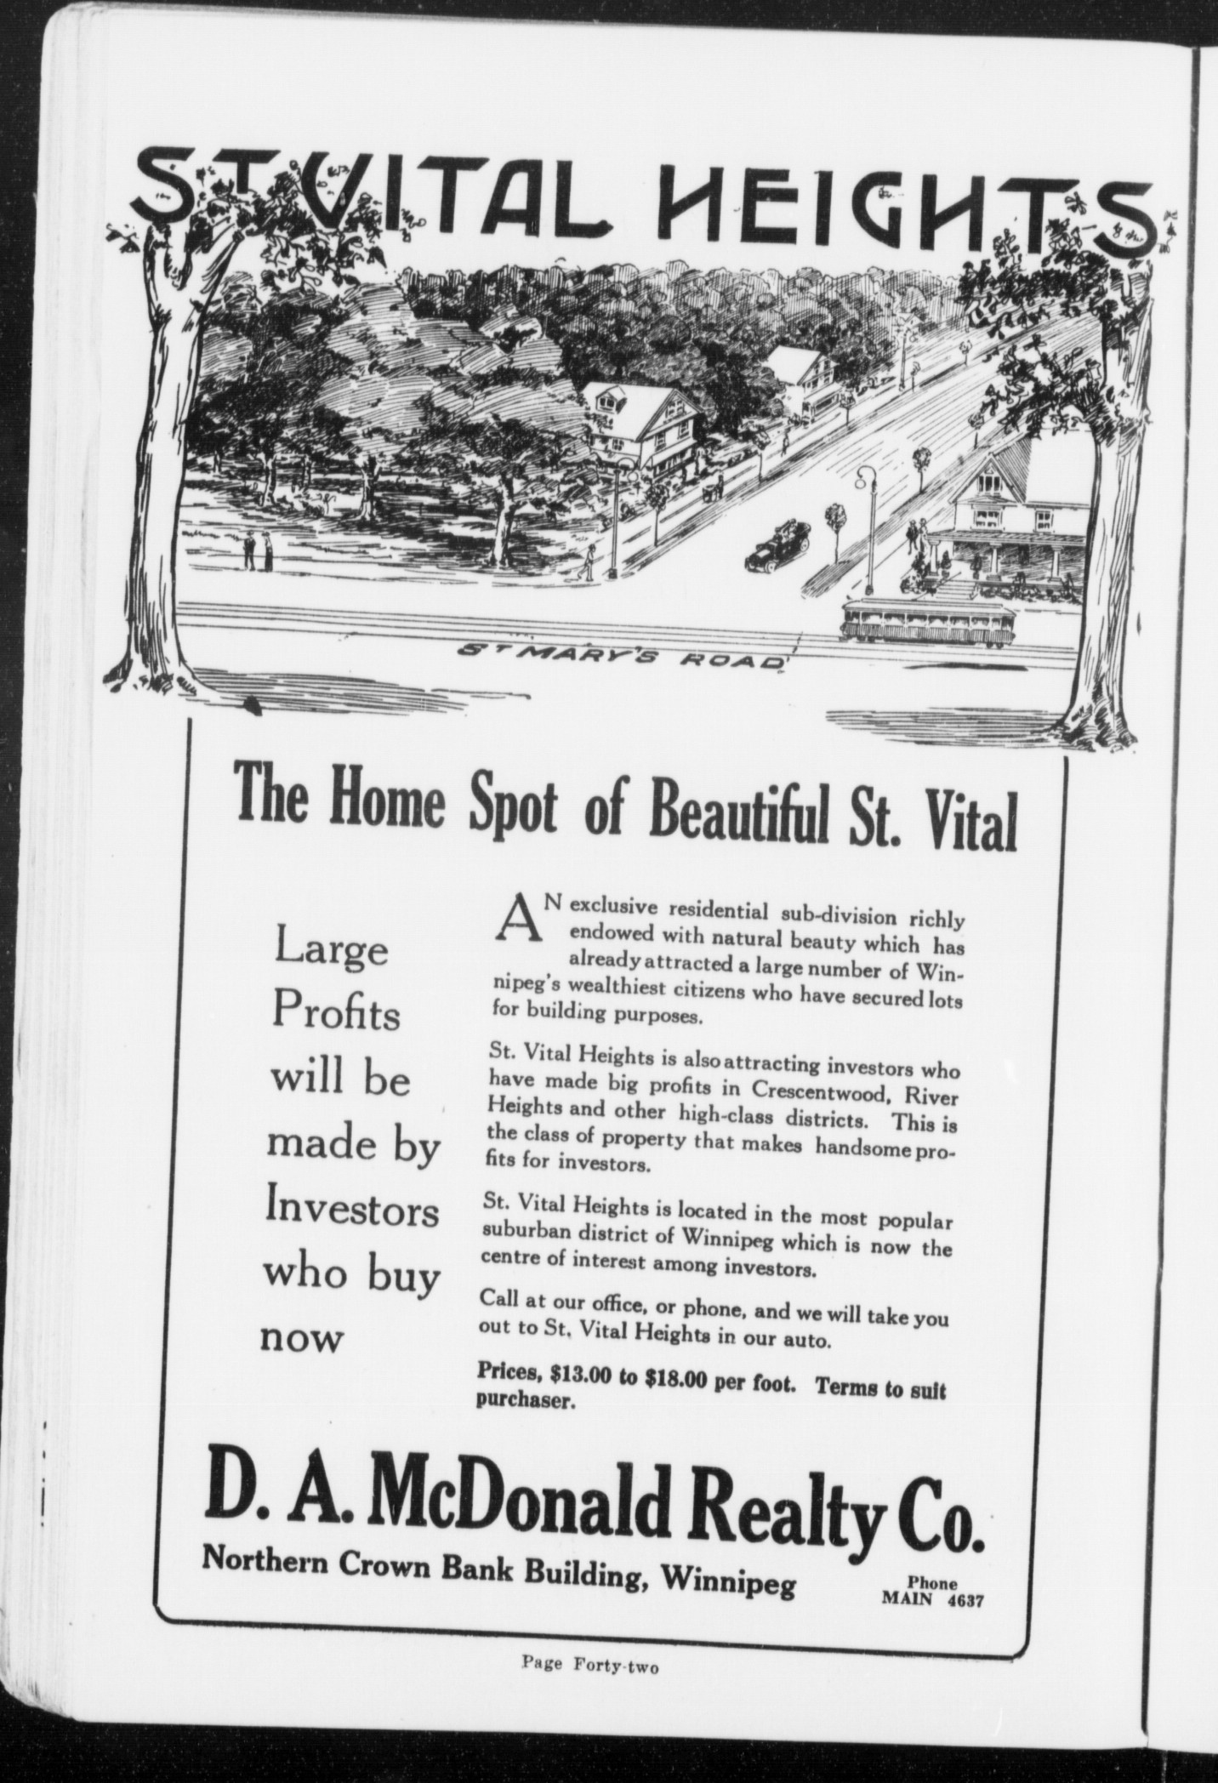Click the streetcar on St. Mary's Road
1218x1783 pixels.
(x=926, y=624)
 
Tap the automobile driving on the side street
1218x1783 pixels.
(x=777, y=546)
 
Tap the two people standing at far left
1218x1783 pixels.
(x=257, y=551)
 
